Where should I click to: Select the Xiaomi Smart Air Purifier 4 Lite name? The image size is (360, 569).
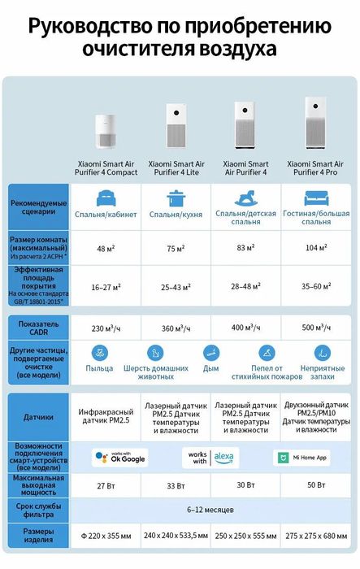(176, 167)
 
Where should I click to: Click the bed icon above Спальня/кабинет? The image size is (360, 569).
(106, 198)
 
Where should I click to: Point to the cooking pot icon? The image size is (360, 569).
(176, 198)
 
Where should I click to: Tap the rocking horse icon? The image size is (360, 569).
(245, 198)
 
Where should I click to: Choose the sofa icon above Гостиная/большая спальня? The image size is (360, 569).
(316, 198)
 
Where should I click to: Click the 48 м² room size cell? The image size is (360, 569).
(106, 247)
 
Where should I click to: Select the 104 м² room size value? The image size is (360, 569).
(316, 247)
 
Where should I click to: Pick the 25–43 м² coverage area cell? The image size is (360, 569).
(176, 286)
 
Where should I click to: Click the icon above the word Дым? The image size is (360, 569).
(210, 353)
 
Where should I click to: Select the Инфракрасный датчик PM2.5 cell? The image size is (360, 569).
(106, 417)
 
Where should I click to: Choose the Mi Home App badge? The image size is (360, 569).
(302, 458)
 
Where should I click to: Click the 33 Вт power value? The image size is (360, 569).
(176, 486)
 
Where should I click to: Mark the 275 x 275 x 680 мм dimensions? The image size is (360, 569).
(316, 536)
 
